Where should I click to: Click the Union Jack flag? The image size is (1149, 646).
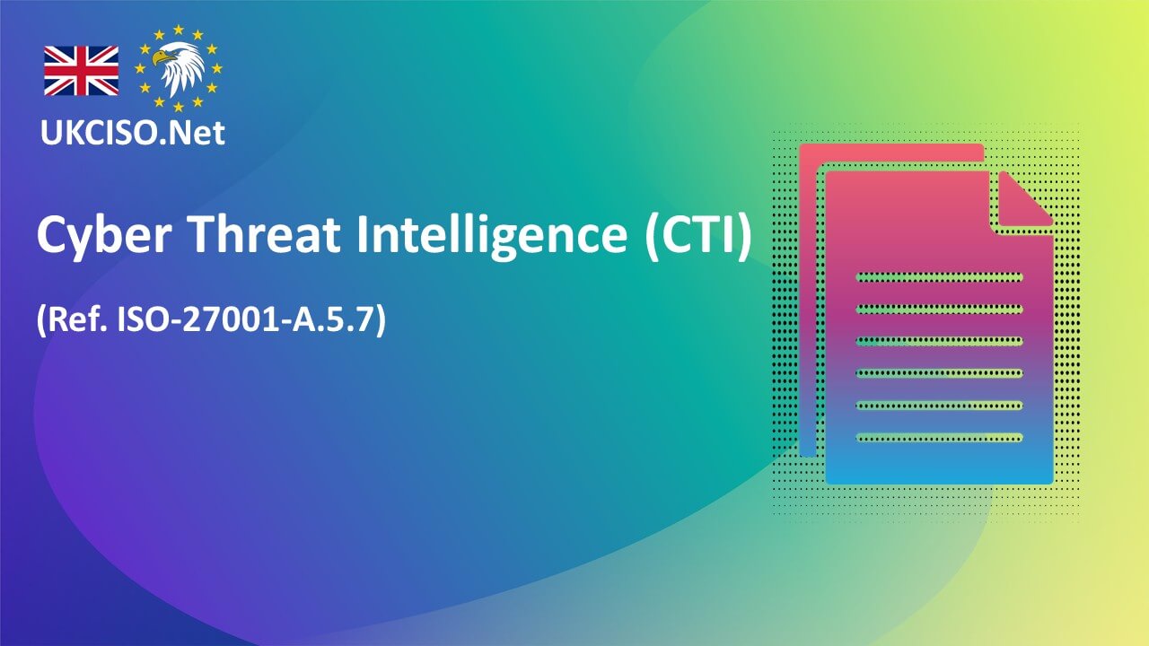81,71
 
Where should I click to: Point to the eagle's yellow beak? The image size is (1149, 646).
159,59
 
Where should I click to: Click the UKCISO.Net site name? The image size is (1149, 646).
132,133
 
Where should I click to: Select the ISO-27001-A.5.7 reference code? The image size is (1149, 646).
247,320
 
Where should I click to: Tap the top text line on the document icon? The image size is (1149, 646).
939,276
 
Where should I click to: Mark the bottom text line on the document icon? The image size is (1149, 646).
939,438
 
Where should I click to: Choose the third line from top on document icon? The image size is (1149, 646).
939,341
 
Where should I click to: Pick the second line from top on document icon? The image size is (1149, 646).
939,309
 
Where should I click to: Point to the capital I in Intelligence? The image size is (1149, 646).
364,236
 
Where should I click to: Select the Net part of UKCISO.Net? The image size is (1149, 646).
198,133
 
